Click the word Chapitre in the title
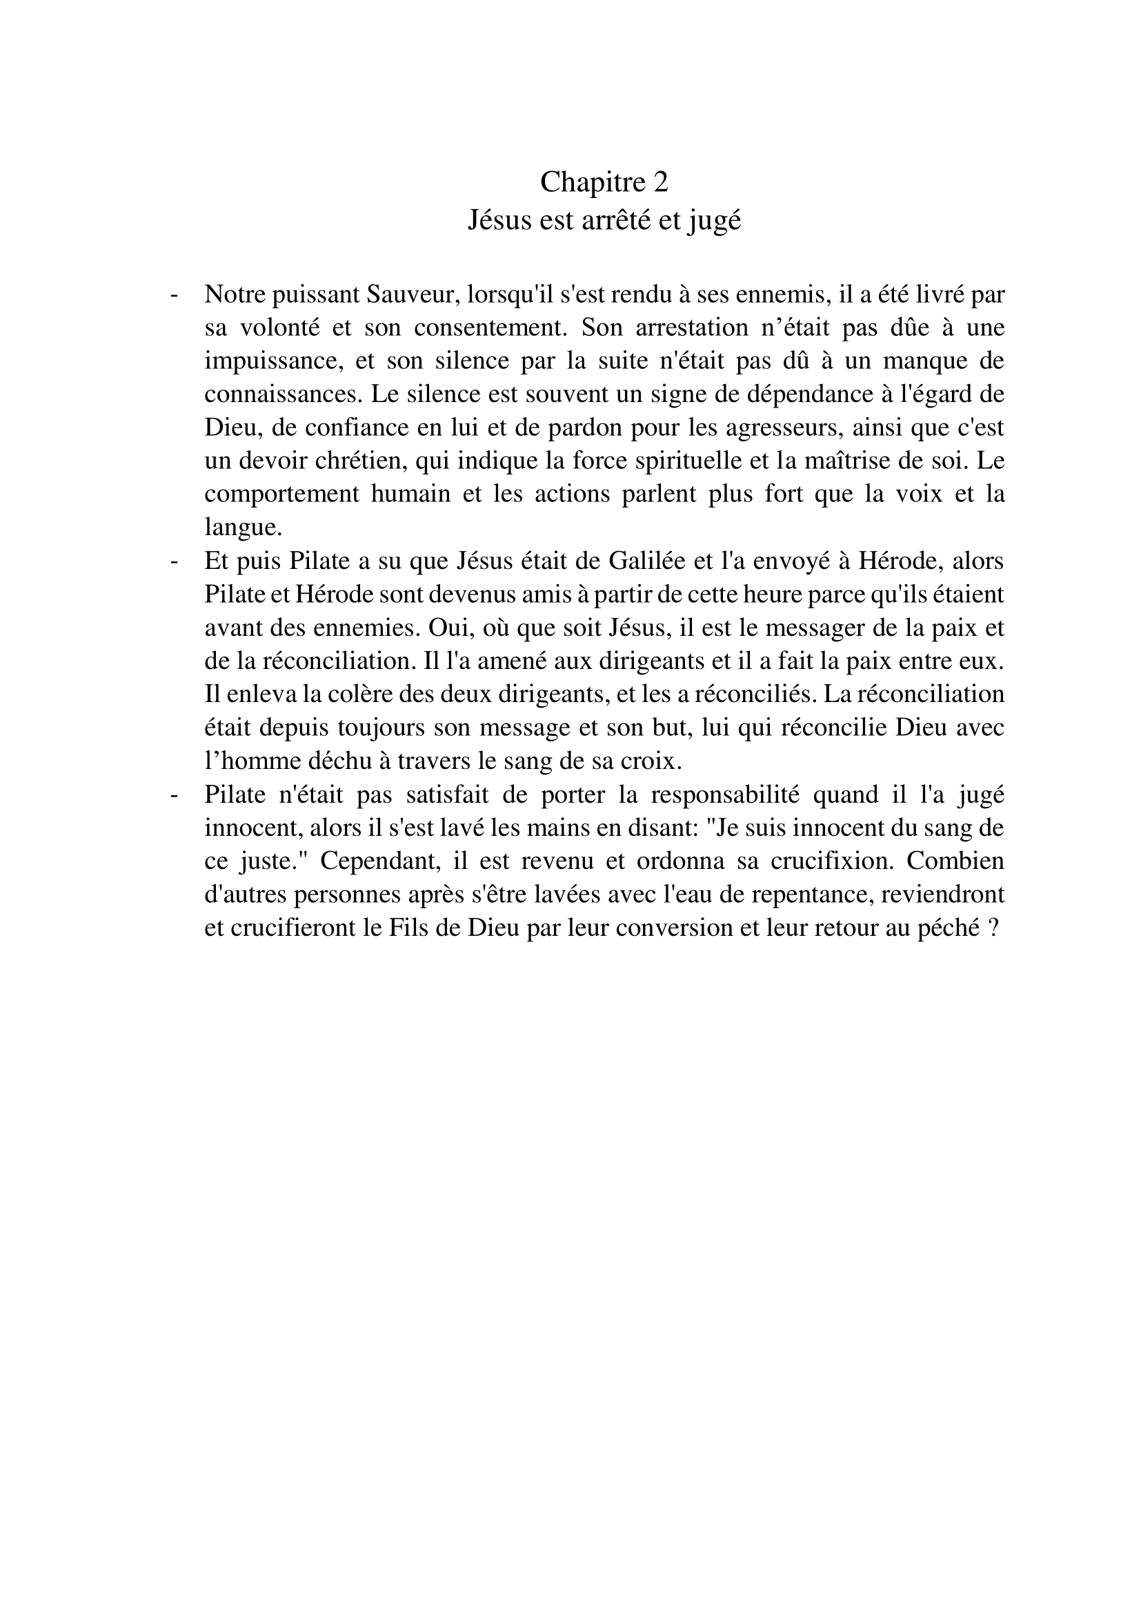(582, 183)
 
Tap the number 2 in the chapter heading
(660, 183)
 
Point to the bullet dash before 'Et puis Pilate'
(174, 561)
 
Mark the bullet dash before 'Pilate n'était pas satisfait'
(174, 795)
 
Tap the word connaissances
(281, 394)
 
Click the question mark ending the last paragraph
(993, 929)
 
